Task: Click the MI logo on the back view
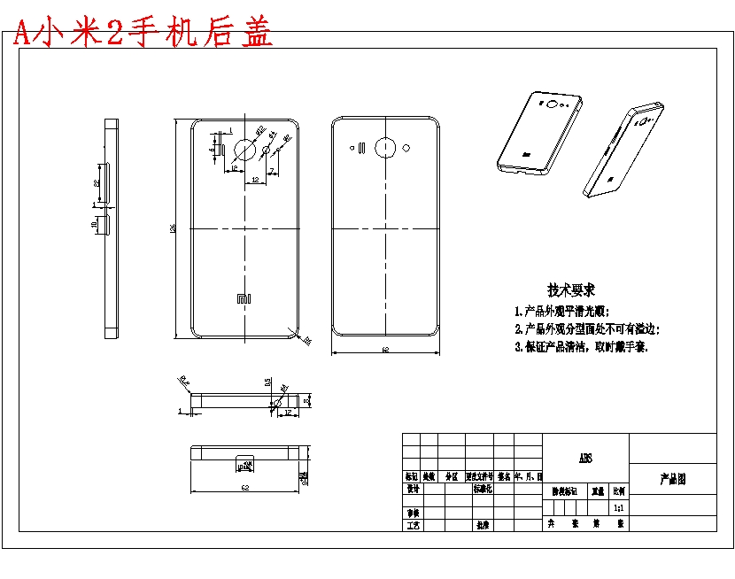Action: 244,299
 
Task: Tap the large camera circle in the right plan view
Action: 385,148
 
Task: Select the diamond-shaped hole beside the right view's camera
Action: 406,147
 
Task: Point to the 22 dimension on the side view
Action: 97,181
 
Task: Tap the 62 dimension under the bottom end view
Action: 244,488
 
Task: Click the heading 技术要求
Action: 571,289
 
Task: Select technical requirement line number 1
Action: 562,312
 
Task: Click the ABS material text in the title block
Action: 585,459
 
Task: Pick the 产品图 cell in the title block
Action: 672,479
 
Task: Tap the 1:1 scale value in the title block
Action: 618,507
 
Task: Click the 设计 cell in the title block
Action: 412,489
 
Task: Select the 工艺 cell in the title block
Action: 412,525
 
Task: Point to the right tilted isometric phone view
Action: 623,149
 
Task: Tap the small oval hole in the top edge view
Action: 278,402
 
